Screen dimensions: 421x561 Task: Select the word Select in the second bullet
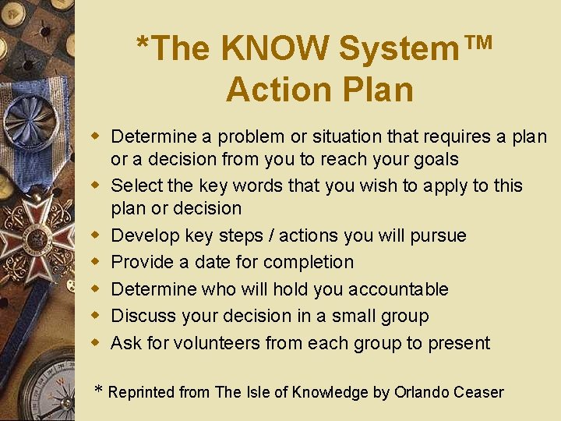[x=136, y=186]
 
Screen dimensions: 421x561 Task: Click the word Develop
[x=145, y=235]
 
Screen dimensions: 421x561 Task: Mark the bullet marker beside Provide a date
[x=97, y=261]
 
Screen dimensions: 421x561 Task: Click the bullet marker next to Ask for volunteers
[x=97, y=342]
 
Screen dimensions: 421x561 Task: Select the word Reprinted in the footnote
[x=142, y=393]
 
